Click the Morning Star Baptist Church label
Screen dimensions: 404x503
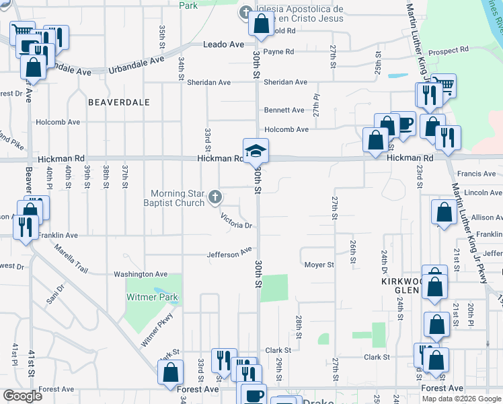tap(177, 199)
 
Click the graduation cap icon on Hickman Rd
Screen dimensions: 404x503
tap(256, 151)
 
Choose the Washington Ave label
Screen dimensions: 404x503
tap(141, 274)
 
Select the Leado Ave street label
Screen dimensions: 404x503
tap(224, 44)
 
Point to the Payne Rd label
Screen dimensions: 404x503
tap(278, 51)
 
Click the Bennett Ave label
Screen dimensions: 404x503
tap(284, 110)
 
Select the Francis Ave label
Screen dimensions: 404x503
tap(475, 174)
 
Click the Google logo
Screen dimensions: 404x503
tap(22, 396)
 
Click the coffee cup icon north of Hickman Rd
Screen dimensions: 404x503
tap(403, 123)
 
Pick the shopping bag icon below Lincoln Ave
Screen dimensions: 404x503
tap(444, 213)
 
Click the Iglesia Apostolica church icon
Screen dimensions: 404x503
tap(246, 12)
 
